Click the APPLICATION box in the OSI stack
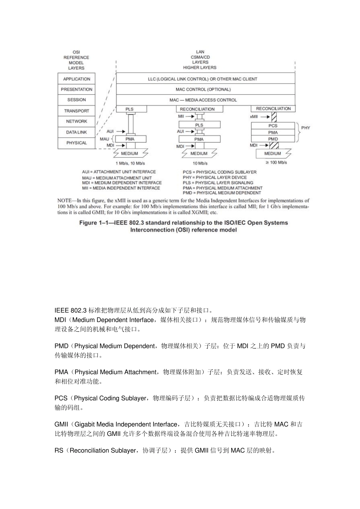(x=77, y=79)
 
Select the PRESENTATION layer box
(x=77, y=89)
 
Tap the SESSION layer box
(x=77, y=100)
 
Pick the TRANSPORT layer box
(x=77, y=111)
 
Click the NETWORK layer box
(x=77, y=121)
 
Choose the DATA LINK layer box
(x=77, y=132)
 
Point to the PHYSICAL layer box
(x=77, y=143)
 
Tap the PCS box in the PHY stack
(x=273, y=125)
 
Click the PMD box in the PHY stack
(x=273, y=139)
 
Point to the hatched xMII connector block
(x=274, y=117)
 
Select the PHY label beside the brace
(x=305, y=128)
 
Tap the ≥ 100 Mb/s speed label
(x=276, y=162)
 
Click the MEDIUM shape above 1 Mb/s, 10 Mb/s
(x=130, y=153)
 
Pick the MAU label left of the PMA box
(x=104, y=139)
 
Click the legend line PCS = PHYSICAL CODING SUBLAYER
(x=219, y=172)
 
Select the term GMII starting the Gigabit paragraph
(x=61, y=424)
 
